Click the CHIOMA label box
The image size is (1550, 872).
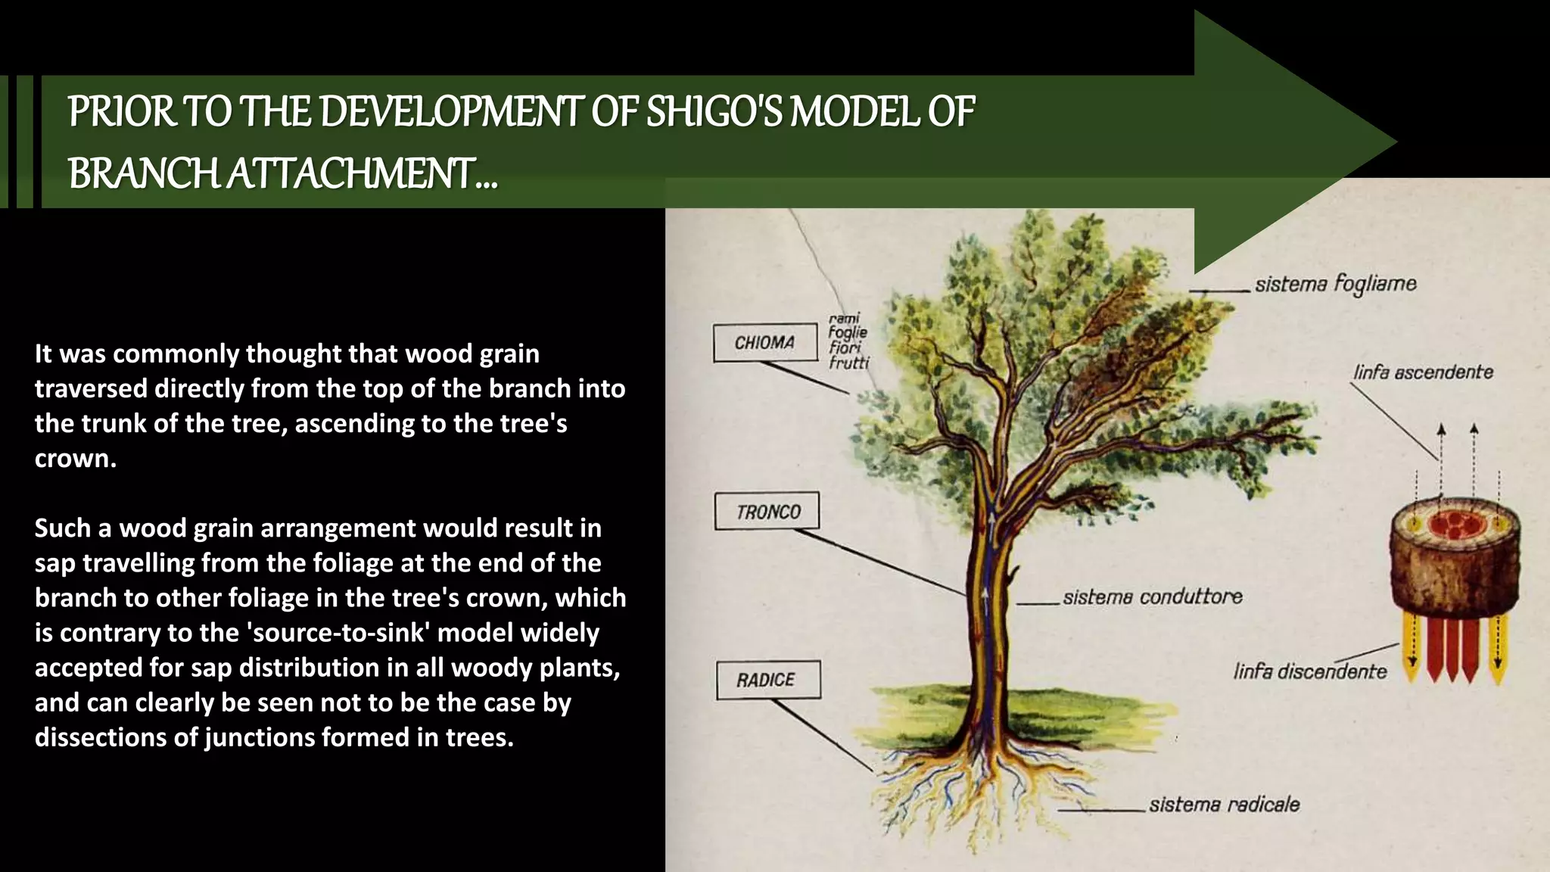click(x=765, y=343)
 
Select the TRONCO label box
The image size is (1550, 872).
click(x=767, y=512)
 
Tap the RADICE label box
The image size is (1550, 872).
click(x=767, y=680)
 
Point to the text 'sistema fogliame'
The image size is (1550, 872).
click(x=1335, y=284)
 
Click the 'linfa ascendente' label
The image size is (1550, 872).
click(x=1423, y=372)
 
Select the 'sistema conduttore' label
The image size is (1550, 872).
click(x=1152, y=597)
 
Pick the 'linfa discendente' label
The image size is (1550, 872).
click(x=1309, y=671)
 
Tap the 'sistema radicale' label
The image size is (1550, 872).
click(x=1224, y=804)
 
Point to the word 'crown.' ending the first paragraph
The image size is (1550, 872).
click(x=76, y=459)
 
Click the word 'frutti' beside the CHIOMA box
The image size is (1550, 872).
click(x=848, y=363)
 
